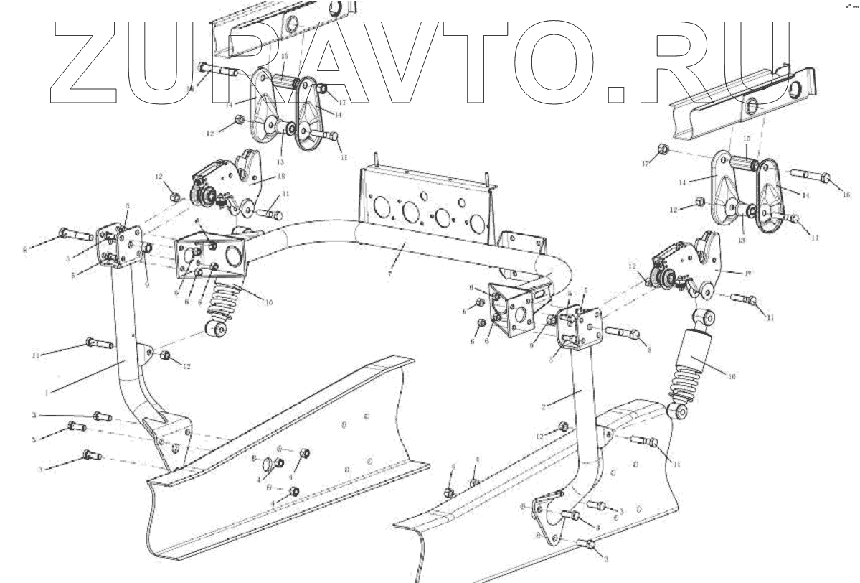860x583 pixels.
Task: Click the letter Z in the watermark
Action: [93, 60]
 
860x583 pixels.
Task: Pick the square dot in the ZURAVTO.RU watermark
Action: [618, 93]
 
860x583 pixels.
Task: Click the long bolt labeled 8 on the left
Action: [75, 233]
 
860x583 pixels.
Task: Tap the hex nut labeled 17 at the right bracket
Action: [663, 150]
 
